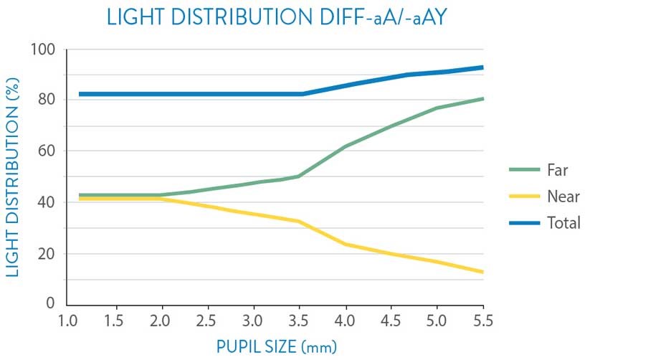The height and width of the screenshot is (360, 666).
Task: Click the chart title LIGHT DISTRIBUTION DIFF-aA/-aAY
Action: [x=277, y=16]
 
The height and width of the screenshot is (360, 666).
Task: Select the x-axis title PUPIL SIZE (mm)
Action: [x=277, y=346]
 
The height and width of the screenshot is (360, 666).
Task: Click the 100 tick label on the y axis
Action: [x=44, y=50]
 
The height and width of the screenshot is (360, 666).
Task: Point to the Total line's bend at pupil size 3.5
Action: [x=301, y=94]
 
